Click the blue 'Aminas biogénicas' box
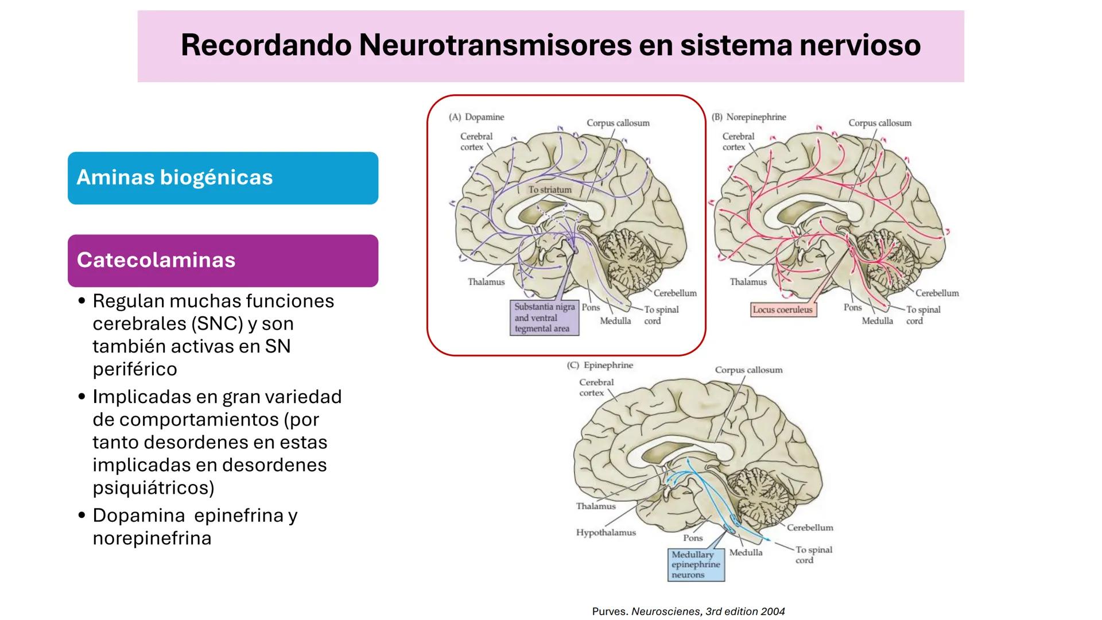click(223, 178)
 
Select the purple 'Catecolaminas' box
click(223, 261)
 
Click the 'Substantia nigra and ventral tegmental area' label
click(544, 317)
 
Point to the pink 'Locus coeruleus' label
click(783, 310)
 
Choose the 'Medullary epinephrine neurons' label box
click(696, 564)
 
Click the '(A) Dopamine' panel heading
click(476, 117)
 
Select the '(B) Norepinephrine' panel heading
click(748, 117)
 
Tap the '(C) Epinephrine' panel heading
click(600, 365)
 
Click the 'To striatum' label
click(550, 189)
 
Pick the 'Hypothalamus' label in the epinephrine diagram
click(606, 533)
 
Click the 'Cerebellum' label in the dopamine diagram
click(675, 293)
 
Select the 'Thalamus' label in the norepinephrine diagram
click(748, 282)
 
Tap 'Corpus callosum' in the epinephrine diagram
click(748, 370)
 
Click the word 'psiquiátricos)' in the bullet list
click(153, 488)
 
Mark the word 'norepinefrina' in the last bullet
click(152, 538)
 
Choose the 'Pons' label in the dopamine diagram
click(591, 307)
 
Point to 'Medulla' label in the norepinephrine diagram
click(877, 321)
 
